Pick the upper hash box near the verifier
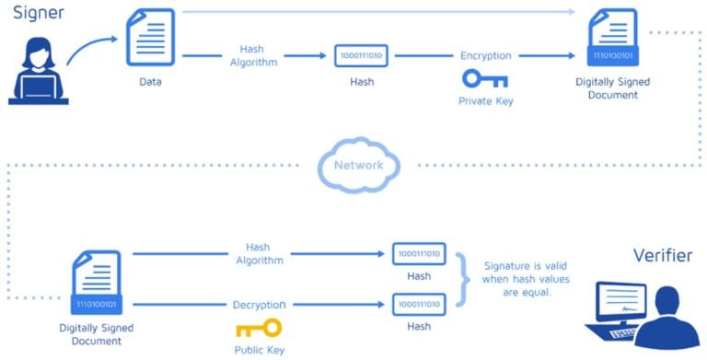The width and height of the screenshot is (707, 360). (x=419, y=253)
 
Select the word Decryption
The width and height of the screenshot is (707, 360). (x=258, y=304)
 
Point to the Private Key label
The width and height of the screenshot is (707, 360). (x=485, y=100)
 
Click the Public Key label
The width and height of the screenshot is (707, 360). (x=258, y=350)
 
